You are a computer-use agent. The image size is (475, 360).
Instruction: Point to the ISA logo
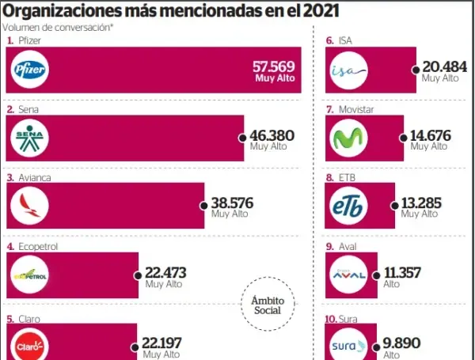349,72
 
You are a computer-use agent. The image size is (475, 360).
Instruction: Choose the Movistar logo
349,139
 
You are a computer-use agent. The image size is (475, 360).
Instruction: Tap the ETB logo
349,207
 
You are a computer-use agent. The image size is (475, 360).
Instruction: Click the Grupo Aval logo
349,275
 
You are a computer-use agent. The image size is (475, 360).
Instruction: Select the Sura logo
349,345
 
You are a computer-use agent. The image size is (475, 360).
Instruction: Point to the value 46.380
272,135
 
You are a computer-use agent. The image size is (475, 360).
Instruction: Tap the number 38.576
232,203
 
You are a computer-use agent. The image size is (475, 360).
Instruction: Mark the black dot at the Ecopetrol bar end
138,275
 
